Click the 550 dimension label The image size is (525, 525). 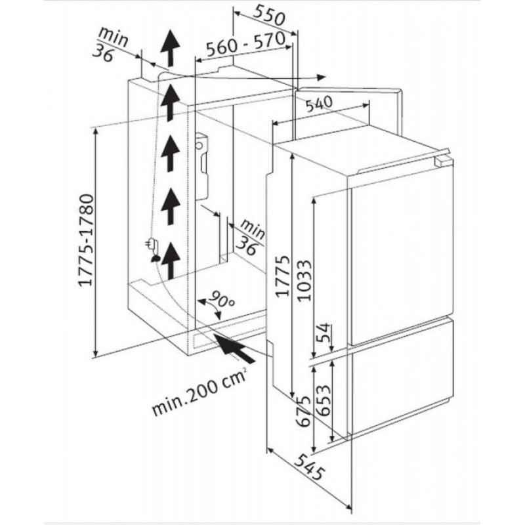tap(268, 16)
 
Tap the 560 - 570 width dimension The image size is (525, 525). tap(245, 44)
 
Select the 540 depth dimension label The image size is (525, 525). tap(319, 104)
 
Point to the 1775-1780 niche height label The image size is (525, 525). tap(85, 240)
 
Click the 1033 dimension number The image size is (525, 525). tap(304, 281)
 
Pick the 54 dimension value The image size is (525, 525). tap(324, 333)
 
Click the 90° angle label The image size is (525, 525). tap(221, 300)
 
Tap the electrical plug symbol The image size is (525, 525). tap(152, 244)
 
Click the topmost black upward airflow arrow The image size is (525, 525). tap(170, 48)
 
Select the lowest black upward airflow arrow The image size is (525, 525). tap(171, 261)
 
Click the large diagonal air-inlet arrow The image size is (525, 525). tap(234, 347)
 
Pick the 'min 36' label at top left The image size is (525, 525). tap(110, 45)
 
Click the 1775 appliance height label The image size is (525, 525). tap(282, 276)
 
